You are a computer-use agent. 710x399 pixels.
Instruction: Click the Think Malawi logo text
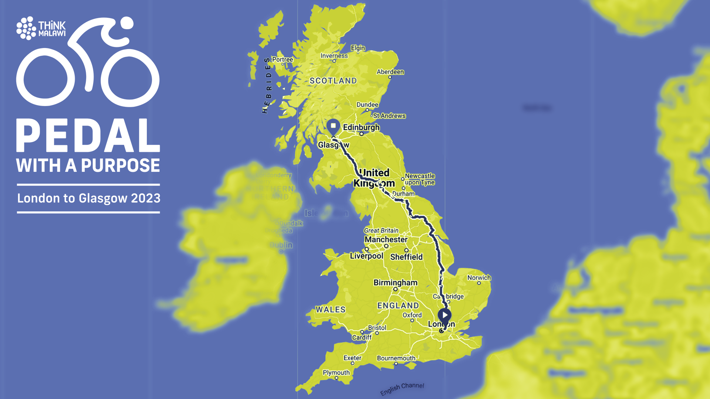52,29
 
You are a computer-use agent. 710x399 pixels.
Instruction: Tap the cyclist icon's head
126,23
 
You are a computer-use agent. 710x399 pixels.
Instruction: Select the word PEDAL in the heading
88,136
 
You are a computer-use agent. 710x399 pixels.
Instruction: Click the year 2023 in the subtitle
146,198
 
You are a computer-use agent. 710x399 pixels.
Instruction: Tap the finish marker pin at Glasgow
333,127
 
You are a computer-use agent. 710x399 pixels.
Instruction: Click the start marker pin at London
444,316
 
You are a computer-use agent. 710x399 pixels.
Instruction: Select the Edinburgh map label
361,127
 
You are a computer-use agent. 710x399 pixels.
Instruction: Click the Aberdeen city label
390,72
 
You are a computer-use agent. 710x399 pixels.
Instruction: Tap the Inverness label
334,56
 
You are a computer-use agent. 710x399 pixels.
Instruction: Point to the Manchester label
386,239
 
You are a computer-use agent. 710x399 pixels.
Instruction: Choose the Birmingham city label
395,283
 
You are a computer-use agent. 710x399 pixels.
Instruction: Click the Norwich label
479,278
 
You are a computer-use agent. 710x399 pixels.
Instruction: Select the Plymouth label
336,372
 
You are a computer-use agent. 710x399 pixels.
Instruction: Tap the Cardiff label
362,337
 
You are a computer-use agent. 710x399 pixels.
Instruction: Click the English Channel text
402,388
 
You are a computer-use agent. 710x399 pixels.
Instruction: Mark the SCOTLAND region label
333,81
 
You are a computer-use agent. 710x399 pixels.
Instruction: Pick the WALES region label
331,310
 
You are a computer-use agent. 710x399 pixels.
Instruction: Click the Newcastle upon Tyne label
420,179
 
